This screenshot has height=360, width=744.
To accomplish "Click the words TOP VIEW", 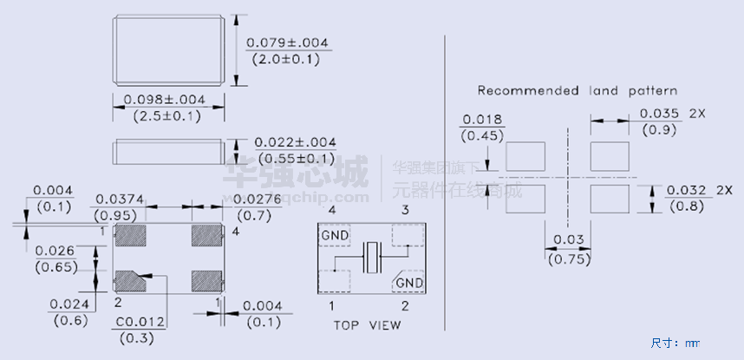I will [367, 325].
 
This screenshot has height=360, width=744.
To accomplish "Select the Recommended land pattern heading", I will [578, 90].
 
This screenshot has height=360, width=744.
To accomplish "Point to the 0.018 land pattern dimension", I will [481, 119].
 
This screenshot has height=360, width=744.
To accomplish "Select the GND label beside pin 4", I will [335, 236].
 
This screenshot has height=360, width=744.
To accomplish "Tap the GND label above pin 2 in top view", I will [408, 283].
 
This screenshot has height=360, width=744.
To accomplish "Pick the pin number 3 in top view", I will [403, 211].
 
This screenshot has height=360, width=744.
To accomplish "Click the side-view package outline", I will [168, 152].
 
